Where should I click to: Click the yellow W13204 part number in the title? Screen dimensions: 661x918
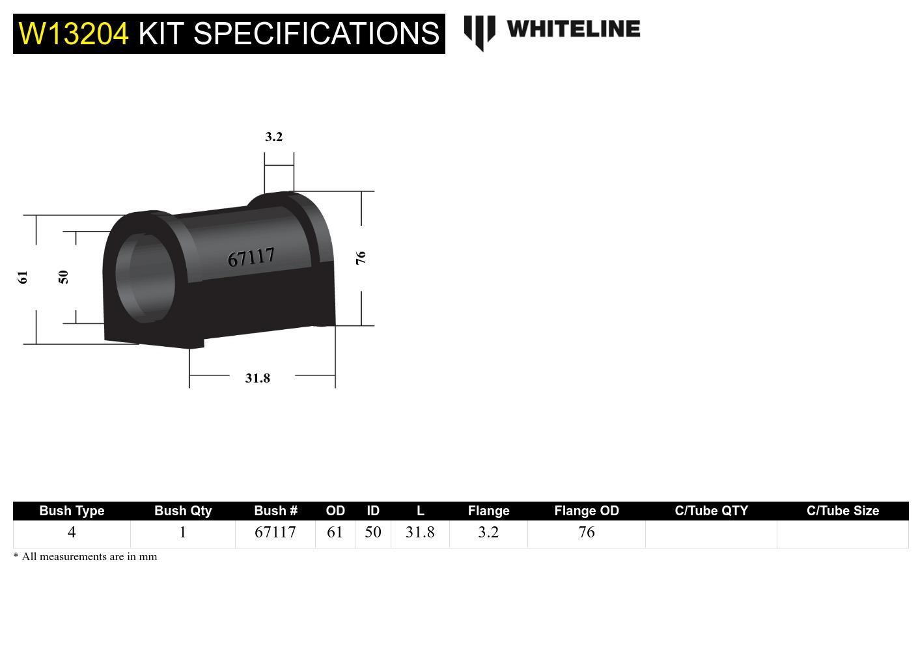click(74, 34)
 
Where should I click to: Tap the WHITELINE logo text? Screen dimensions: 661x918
click(573, 29)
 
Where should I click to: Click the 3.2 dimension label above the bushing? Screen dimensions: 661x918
click(273, 137)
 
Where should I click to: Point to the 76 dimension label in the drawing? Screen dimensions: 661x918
click(361, 258)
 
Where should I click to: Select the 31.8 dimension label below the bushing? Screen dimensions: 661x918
click(257, 378)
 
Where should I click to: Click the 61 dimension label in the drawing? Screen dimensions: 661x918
click(23, 277)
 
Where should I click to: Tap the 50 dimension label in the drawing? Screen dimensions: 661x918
click(63, 277)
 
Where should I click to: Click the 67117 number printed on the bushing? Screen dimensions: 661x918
click(251, 257)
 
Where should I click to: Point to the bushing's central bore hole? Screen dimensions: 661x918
click(145, 277)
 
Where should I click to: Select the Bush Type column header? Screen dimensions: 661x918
click(72, 511)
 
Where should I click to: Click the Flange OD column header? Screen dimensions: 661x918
click(586, 511)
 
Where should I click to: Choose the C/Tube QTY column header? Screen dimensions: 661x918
click(711, 511)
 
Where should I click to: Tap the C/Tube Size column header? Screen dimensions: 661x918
click(842, 511)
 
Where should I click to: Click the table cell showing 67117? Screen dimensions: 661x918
click(275, 532)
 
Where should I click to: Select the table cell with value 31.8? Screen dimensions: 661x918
click(420, 532)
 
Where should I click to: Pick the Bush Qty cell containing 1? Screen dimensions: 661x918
click(183, 532)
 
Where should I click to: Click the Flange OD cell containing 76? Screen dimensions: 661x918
click(586, 532)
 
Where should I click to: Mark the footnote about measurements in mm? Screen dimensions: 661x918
click(85, 557)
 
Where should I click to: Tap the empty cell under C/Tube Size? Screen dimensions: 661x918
click(842, 533)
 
